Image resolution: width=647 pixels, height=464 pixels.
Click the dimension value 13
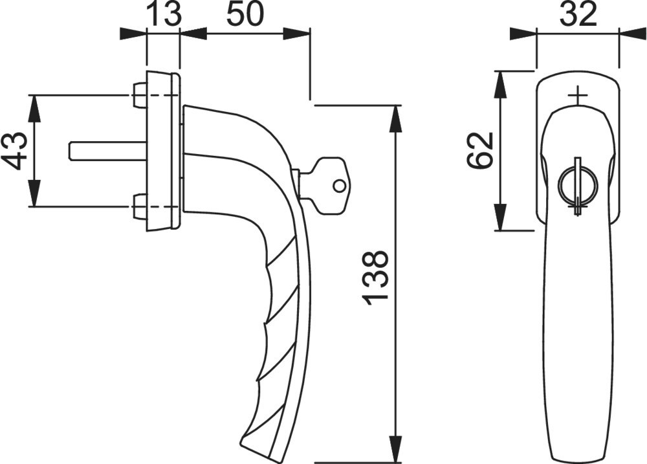click(164, 14)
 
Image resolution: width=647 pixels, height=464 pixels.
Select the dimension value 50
click(245, 14)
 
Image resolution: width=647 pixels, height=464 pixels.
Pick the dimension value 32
click(578, 14)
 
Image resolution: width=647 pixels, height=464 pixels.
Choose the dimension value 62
click(480, 150)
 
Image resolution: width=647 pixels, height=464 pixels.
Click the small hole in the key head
click(339, 186)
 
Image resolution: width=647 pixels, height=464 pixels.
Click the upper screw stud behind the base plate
click(140, 95)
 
